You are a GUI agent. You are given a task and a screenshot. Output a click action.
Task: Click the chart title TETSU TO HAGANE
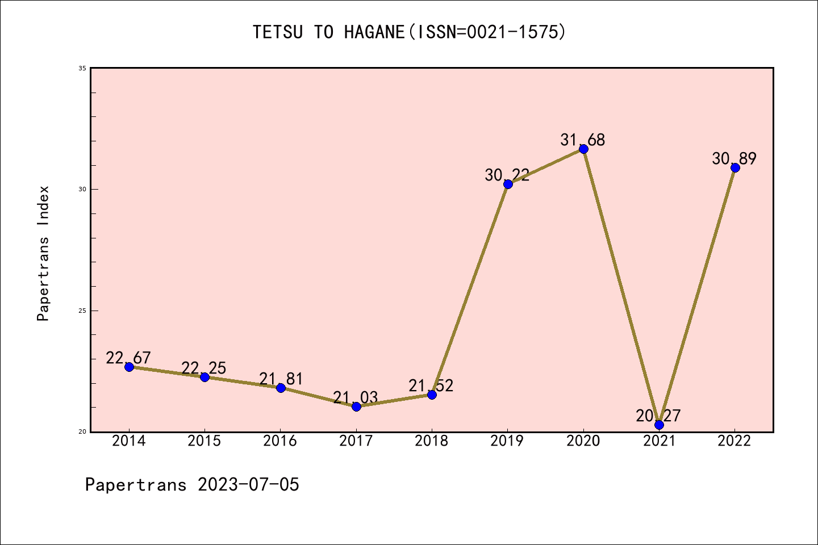coord(409,32)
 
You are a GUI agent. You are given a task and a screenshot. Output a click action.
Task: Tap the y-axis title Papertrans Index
coord(43,253)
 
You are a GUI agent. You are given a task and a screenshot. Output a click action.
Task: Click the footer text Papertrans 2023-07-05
coord(192,485)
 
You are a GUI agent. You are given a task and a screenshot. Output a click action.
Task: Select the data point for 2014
coord(129,367)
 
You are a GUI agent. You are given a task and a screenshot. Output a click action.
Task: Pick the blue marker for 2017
coord(356,406)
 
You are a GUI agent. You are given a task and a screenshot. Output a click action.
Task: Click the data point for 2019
coord(508,184)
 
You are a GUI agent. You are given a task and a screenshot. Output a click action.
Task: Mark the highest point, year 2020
coord(583,149)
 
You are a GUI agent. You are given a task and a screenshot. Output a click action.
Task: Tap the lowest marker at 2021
coord(659,425)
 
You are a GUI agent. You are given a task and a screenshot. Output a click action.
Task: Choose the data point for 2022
coord(735,167)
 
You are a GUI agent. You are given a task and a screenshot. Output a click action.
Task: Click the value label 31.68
coord(583,140)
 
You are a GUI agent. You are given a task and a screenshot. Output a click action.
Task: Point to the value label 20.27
coord(658,416)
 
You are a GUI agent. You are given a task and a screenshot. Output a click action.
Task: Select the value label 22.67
coord(128,358)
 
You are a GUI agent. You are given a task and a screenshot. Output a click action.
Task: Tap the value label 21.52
coord(431,385)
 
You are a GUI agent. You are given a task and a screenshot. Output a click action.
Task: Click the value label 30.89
coord(734,158)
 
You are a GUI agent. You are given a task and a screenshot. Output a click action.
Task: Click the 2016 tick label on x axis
coord(280,441)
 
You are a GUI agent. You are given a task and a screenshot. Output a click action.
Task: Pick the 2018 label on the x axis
coord(432,441)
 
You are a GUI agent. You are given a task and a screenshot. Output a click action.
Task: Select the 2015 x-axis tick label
coord(204,441)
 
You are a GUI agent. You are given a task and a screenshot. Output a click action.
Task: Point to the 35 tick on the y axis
coord(82,68)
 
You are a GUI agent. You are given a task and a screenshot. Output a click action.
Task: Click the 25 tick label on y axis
coord(82,311)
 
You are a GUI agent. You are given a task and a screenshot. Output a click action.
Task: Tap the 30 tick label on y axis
coord(82,189)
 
